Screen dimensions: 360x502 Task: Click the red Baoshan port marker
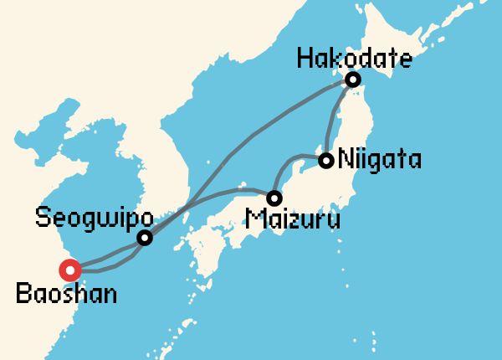point(69,270)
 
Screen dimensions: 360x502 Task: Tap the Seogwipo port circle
point(145,238)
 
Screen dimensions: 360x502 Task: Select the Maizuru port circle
point(274,198)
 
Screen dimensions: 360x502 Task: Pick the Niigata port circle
point(326,160)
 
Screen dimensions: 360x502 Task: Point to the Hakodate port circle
point(353,80)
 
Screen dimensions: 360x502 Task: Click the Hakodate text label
point(355,59)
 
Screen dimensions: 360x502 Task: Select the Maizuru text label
point(293,221)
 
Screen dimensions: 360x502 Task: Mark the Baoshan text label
point(66,294)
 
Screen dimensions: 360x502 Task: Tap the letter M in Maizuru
point(254,221)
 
